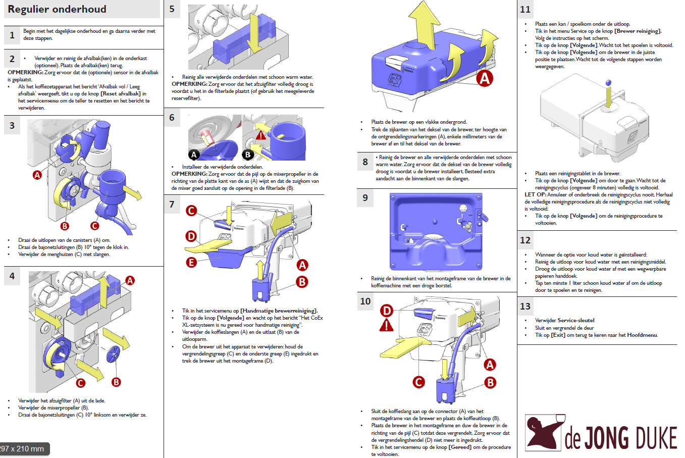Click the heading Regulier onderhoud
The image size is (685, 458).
pos(57,9)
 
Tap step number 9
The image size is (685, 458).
pos(365,197)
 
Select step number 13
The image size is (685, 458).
pos(525,306)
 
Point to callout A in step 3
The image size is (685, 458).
pos(37,175)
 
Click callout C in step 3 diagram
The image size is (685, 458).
pos(94,226)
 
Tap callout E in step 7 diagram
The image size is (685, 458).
pos(191,262)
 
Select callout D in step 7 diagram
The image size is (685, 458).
pos(191,236)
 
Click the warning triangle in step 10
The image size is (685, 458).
pos(386,325)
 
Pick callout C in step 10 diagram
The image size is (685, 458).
pos(418,382)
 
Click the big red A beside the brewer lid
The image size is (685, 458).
pos(485,78)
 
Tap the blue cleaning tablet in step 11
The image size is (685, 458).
pos(608,82)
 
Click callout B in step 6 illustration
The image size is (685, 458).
pos(248,155)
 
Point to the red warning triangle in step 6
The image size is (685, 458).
pos(260,135)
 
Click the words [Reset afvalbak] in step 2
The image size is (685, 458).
pos(120,93)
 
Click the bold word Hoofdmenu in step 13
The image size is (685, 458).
pos(643,335)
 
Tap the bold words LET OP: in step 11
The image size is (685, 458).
pos(535,194)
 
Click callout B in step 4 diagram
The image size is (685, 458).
pos(116,382)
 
